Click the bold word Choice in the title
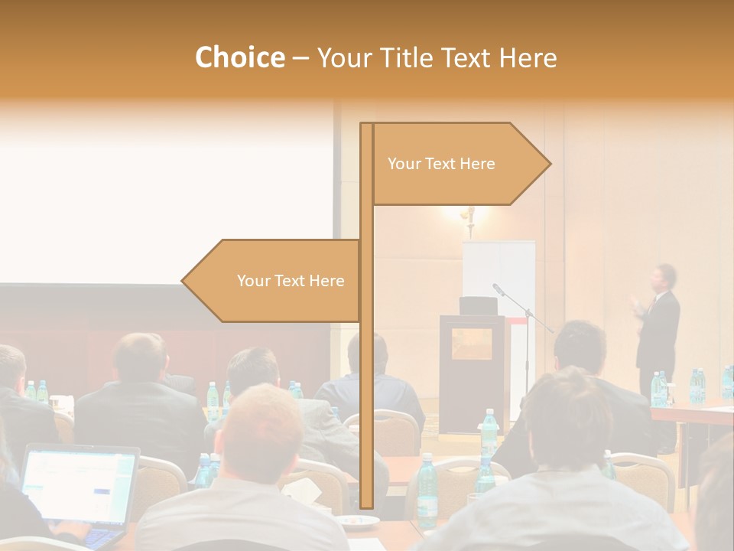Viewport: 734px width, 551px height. point(239,58)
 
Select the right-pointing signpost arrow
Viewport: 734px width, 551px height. point(459,164)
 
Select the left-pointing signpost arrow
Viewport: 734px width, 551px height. point(272,281)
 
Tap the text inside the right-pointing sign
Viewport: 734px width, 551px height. point(441,164)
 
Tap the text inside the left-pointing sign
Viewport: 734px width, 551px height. point(291,281)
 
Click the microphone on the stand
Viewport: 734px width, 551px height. point(499,289)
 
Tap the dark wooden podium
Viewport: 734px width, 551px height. point(470,367)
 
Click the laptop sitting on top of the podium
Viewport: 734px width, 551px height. point(478,305)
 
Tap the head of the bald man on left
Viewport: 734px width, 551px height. point(139,356)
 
